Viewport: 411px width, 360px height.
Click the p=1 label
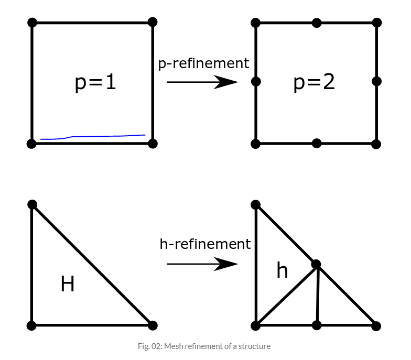tap(95, 83)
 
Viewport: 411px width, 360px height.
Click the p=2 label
tap(314, 83)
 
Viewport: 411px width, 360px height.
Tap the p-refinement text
tap(203, 63)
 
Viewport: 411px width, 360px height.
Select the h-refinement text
tap(205, 244)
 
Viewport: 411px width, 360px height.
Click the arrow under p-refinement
tap(202, 82)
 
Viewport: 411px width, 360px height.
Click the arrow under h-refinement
tap(202, 264)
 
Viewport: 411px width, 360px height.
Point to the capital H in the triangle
tap(68, 284)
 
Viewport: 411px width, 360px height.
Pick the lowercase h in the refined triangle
tap(282, 270)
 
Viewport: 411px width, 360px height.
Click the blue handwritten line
tap(93, 137)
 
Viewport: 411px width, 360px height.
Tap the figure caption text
tap(205, 346)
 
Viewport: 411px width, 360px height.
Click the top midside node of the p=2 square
tap(316, 23)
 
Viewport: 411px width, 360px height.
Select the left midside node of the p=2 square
tap(256, 82)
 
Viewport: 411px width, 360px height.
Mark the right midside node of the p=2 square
tap(376, 81)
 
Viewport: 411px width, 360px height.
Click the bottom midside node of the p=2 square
tap(316, 144)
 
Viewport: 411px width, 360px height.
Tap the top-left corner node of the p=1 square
tap(32, 23)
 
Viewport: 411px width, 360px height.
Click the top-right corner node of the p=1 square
tap(153, 22)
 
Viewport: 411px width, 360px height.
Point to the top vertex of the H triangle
tap(32, 204)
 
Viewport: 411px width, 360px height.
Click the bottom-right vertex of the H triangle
tap(153, 325)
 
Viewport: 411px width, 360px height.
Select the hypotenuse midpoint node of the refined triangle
tap(316, 264)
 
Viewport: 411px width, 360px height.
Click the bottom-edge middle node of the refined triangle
tap(316, 325)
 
